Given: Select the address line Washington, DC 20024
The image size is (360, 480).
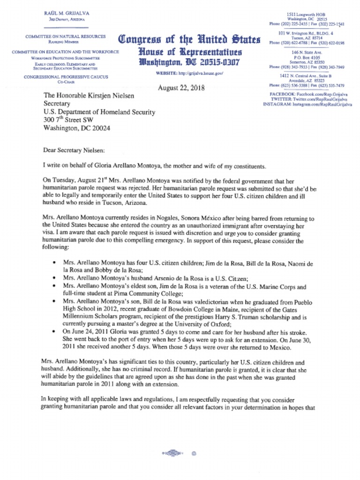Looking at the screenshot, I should [x=77, y=128].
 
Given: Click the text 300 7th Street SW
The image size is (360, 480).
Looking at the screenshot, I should [x=72, y=120].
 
